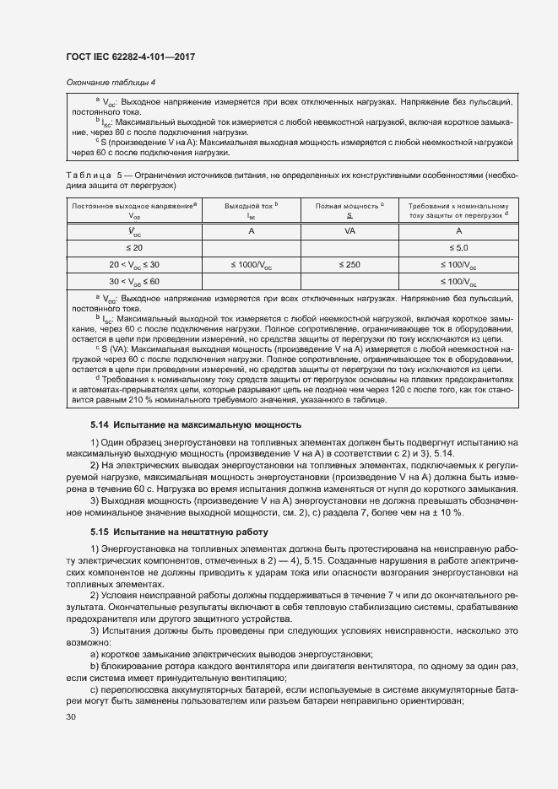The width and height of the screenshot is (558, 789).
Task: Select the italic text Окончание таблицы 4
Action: pyautogui.click(x=110, y=82)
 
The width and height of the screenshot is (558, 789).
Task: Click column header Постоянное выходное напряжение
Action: pyautogui.click(x=134, y=206)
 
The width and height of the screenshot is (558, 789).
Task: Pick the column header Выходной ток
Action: pyautogui.click(x=251, y=206)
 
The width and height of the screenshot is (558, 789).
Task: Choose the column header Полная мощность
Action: pyautogui.click(x=349, y=206)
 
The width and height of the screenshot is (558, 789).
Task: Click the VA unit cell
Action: pyautogui.click(x=349, y=230)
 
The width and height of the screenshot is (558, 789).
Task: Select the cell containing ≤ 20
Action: pyautogui.click(x=134, y=247)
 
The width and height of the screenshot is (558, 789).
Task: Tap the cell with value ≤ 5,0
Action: pyautogui.click(x=458, y=247)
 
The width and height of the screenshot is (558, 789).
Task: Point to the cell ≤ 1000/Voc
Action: pyautogui.click(x=251, y=265)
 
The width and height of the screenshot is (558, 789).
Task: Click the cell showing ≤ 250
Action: pyautogui.click(x=349, y=265)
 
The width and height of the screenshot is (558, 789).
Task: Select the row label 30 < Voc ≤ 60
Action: pyautogui.click(x=134, y=282)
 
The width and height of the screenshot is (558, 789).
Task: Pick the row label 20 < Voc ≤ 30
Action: pyautogui.click(x=134, y=265)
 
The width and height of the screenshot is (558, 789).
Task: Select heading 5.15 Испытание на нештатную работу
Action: pyautogui.click(x=179, y=533)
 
